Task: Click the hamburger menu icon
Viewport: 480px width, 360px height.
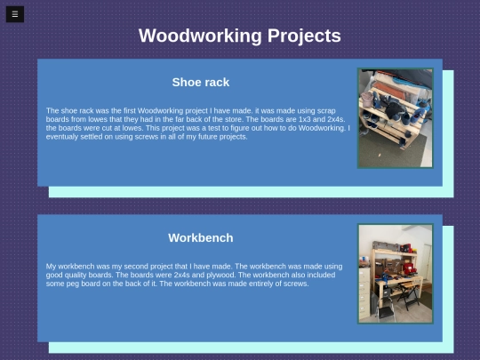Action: pos(14,14)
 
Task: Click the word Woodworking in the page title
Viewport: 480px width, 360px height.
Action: pos(201,36)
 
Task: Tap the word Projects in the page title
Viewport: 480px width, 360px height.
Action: pos(304,36)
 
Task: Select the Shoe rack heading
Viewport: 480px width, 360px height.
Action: pos(201,83)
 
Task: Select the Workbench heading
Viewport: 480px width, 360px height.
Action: pos(201,238)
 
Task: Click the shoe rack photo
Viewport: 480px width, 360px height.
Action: pos(395,118)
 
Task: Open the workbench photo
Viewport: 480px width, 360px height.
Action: pos(395,274)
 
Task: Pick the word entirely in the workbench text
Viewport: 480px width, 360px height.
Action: pos(238,284)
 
